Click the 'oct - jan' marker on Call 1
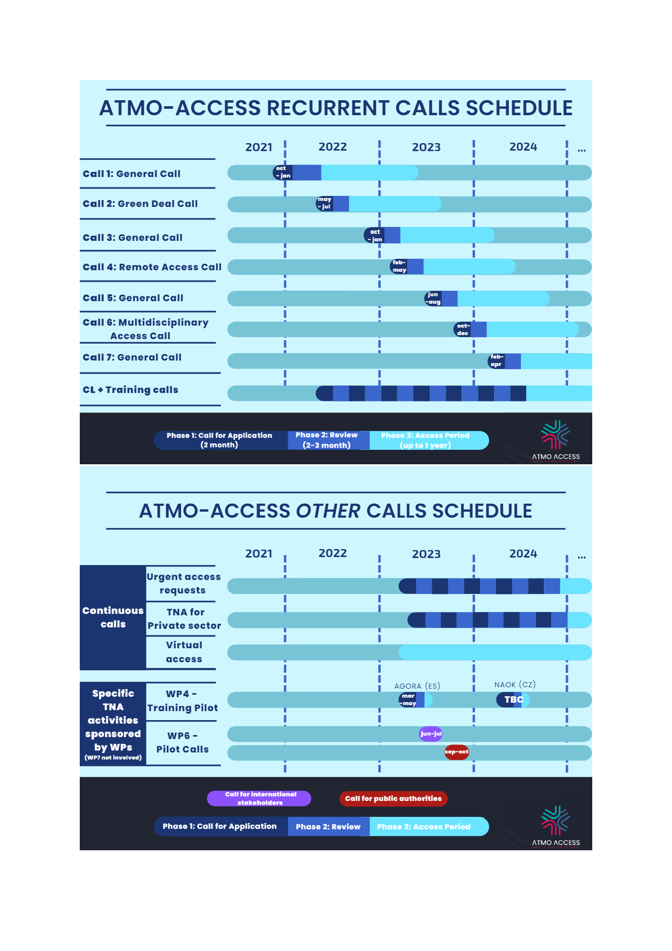[283, 172]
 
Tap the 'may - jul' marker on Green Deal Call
[325, 203]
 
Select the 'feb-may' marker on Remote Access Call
[399, 266]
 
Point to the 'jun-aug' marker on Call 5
[433, 298]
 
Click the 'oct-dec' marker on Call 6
[463, 330]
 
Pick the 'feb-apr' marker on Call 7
[497, 361]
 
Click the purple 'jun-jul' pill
[431, 734]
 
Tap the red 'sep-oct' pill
[457, 752]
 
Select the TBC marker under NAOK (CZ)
[513, 700]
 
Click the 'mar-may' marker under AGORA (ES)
[408, 700]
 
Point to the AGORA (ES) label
[417, 686]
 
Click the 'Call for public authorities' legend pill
[393, 798]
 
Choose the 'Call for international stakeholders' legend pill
[259, 798]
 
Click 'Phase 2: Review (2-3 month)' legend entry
[327, 440]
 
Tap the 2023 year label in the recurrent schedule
[426, 147]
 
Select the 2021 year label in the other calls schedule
[259, 554]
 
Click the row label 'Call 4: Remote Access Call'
[152, 267]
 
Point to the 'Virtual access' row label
[184, 652]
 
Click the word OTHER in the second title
[328, 511]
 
